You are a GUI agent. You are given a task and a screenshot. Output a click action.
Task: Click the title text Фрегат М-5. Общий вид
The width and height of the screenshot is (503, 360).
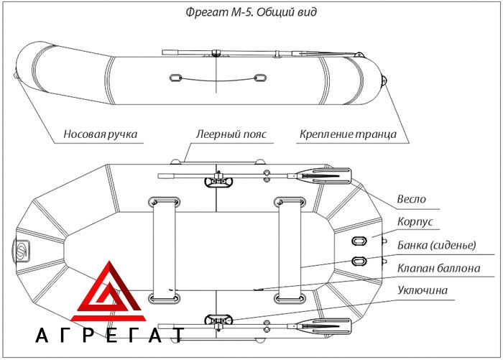251,12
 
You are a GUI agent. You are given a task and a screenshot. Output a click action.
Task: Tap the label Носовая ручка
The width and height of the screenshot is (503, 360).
100,134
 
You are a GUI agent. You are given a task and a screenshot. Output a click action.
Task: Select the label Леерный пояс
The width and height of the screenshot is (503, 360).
231,134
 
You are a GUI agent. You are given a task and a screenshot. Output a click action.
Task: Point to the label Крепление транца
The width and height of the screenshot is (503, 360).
348,134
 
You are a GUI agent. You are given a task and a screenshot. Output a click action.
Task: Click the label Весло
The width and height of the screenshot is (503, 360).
411,199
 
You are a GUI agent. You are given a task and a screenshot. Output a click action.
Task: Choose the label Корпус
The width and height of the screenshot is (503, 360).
415,221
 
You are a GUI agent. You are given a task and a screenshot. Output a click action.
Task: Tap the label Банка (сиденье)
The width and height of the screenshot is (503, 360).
437,245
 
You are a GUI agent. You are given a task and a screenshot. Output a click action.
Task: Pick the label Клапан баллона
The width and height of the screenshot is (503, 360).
438,268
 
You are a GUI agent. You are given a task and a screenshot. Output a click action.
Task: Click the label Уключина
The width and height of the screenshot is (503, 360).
423,290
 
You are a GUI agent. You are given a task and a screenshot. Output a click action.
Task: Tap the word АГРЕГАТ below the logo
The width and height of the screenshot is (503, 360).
110,336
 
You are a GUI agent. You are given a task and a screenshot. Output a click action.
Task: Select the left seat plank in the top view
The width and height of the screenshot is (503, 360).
165,251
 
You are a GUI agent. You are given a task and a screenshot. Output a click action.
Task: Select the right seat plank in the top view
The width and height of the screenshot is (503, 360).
290,251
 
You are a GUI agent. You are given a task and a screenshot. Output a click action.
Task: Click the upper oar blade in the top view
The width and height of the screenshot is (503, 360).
324,176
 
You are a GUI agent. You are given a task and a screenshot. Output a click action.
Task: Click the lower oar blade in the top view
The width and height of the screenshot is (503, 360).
324,327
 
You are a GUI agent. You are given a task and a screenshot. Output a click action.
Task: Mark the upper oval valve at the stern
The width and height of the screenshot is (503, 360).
359,241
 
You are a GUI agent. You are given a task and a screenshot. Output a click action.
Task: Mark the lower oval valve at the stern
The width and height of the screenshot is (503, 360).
359,261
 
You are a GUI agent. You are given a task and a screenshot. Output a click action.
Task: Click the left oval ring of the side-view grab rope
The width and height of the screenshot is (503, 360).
175,78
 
